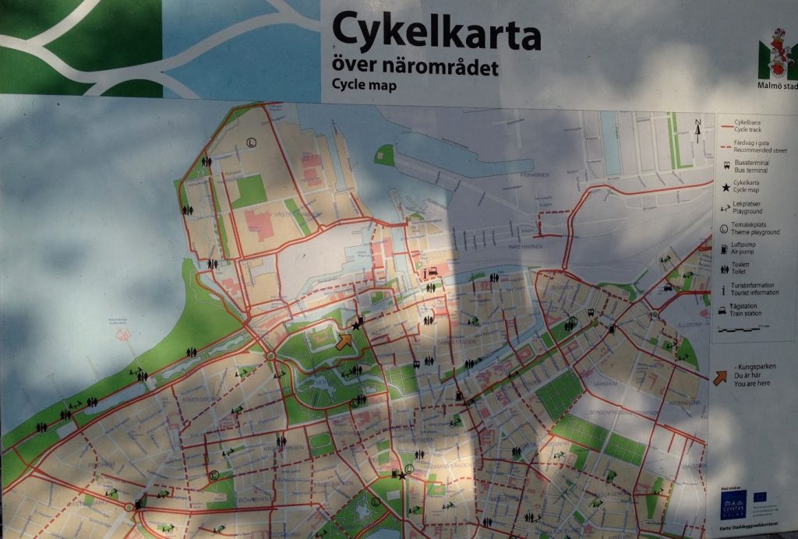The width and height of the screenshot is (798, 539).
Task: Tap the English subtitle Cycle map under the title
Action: point(364,84)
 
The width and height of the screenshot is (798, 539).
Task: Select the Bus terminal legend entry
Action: point(747,166)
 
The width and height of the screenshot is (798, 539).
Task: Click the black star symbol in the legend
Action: point(725,187)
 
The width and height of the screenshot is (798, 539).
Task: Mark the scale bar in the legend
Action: point(745,329)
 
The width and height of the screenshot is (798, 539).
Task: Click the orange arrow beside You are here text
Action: point(720,378)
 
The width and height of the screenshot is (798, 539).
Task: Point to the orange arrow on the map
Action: point(344,341)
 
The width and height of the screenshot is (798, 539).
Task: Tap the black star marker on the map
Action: point(357,326)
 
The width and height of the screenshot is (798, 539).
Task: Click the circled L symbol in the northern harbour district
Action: point(251,142)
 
